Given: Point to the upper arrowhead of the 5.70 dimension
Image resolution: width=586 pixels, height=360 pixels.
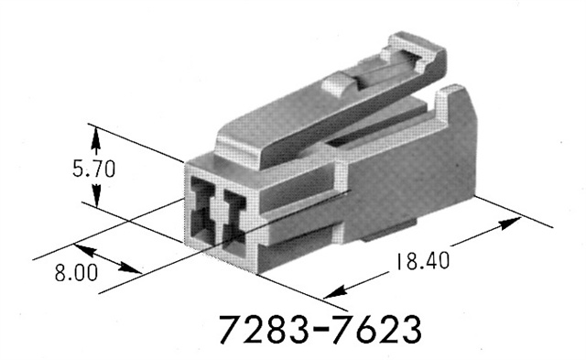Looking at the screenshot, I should pos(95,133).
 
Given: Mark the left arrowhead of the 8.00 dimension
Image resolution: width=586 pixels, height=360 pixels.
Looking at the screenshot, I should pos(81,247).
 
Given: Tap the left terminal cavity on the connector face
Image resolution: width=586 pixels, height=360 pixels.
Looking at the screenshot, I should pos(204,216).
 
